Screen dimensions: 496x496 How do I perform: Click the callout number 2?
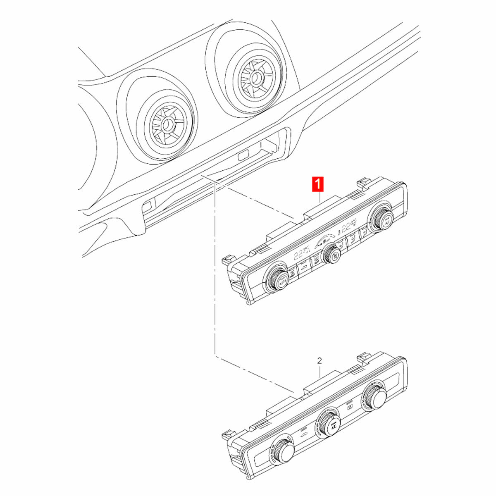point(319,361)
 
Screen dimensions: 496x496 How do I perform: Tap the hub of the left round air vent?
point(167,123)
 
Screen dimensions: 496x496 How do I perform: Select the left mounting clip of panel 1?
point(226,260)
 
